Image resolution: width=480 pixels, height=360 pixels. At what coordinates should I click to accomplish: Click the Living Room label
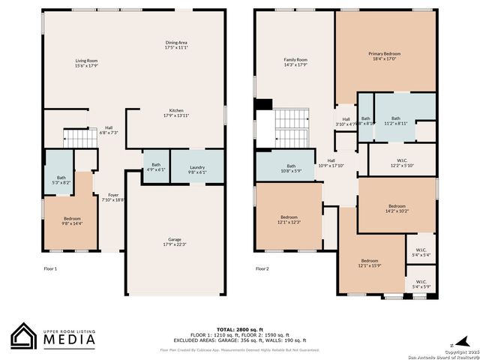point(87,63)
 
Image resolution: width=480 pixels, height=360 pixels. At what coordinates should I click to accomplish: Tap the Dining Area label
point(176,45)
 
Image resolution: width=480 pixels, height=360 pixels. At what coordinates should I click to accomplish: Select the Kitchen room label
point(176,113)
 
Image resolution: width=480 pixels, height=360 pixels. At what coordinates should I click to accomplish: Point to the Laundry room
point(197,169)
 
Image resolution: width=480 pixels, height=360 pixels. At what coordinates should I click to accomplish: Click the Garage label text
point(174,242)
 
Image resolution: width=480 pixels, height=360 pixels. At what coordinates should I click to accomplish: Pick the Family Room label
point(295,62)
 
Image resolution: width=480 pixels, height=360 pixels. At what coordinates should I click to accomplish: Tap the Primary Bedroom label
point(384,56)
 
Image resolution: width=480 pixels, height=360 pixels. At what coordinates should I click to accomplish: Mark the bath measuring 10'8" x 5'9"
point(291,169)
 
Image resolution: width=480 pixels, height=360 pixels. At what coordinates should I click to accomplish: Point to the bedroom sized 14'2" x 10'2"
point(397,208)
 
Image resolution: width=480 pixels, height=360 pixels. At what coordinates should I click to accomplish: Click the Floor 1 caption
point(50,268)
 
